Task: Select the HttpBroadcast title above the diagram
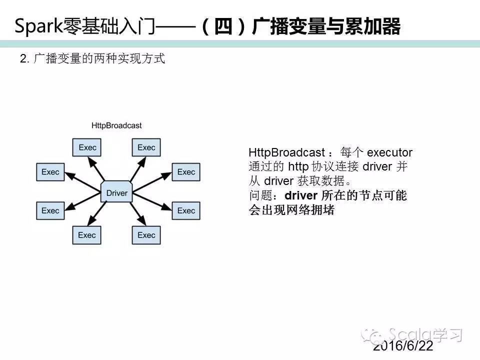tap(116, 125)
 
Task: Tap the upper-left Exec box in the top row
tap(87, 147)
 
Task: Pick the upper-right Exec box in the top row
tap(146, 147)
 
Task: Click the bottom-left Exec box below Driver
tap(87, 235)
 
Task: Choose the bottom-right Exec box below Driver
tap(146, 235)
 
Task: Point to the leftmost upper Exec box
tap(50, 172)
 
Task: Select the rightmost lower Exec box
tap(186, 210)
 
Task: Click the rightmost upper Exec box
tap(186, 172)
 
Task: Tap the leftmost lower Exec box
tap(50, 210)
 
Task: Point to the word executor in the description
tap(389, 152)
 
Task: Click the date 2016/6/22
tap(403, 346)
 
